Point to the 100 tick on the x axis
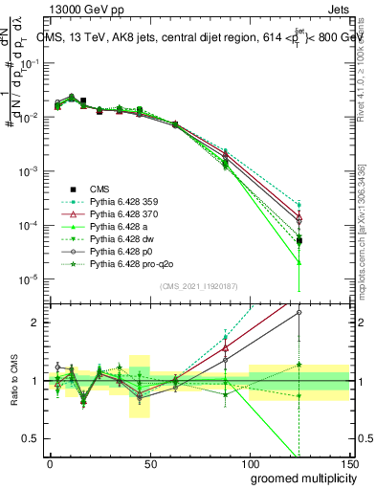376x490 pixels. (x=249, y=462)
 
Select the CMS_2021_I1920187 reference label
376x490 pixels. (x=198, y=286)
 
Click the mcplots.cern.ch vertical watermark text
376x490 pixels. (x=368, y=239)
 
